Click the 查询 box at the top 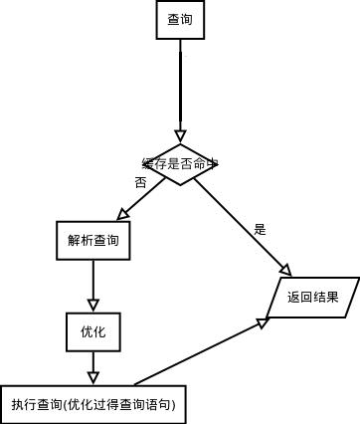point(180,20)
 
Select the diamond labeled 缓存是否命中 point(180,164)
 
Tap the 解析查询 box point(93,241)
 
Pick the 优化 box point(93,331)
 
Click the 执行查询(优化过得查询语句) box point(93,404)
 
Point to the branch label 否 point(140,183)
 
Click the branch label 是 point(261,230)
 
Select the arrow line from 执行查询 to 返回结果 point(199,352)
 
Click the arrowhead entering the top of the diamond point(180,136)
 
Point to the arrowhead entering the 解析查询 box point(123,215)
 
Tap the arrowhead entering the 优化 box point(93,307)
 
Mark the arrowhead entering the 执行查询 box point(93,377)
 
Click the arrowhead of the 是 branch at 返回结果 point(285,271)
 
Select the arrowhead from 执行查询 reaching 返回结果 point(263,322)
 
